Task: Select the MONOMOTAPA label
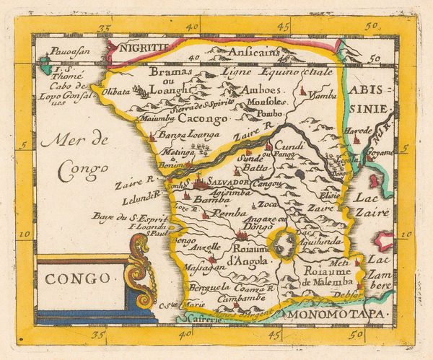(336, 315)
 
